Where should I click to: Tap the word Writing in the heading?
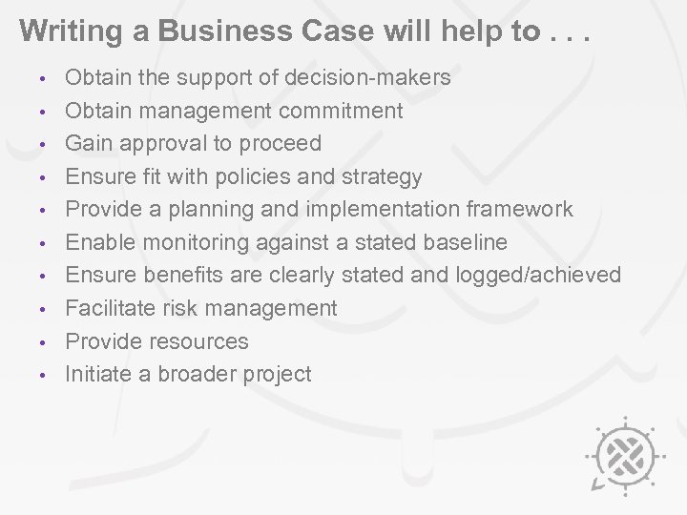click(60, 31)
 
